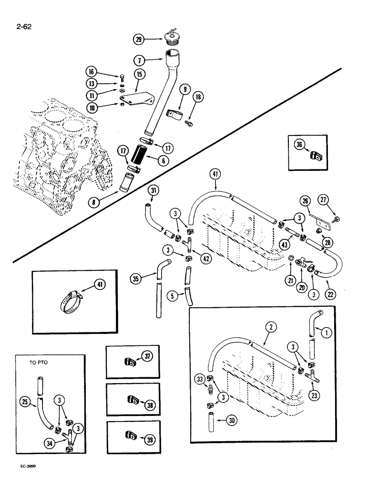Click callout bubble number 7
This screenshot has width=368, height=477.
(140, 60)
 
